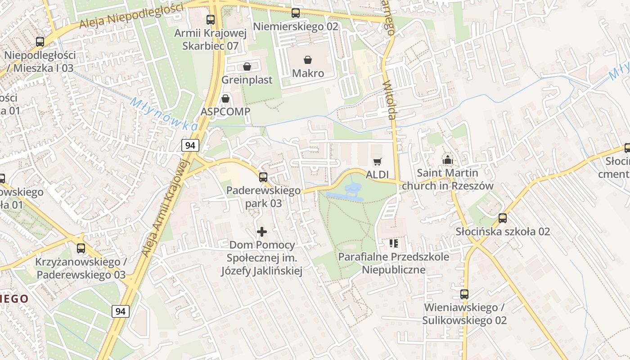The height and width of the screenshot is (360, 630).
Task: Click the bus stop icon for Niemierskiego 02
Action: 295,13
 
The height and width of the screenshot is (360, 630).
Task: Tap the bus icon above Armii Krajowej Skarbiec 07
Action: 210,20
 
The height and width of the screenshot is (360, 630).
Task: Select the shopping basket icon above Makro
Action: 308,60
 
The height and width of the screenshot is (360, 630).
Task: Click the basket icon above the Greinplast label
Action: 247,67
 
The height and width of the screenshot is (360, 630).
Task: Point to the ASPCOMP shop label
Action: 225,111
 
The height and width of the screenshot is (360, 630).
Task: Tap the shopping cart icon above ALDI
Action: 377,162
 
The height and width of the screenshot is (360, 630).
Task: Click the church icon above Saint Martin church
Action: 447,160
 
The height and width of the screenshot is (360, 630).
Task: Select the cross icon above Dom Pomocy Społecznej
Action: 261,232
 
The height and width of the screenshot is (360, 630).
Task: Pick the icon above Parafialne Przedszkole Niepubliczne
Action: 394,244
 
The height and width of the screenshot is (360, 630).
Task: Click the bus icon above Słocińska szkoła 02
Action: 502,218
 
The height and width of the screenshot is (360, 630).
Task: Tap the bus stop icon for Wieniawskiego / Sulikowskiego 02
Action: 464,294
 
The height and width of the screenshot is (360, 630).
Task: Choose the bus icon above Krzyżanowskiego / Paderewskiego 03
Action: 81,248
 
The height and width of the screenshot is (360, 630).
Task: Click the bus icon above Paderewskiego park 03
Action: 263,177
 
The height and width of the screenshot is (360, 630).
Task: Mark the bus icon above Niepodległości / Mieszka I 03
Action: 40,42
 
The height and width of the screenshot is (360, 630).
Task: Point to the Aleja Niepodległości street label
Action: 131,16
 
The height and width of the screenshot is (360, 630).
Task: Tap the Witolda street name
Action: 389,100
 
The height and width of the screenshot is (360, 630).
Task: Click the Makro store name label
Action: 308,73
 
